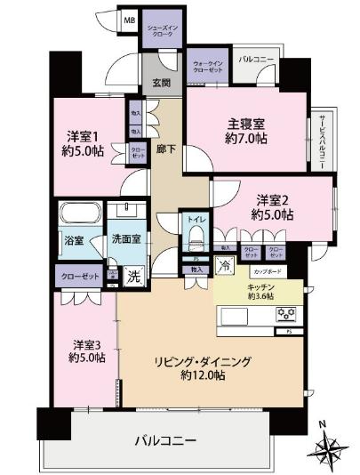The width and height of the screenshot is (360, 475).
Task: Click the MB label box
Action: pos(130,19)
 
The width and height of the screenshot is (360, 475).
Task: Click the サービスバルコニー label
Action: pos(317,141)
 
